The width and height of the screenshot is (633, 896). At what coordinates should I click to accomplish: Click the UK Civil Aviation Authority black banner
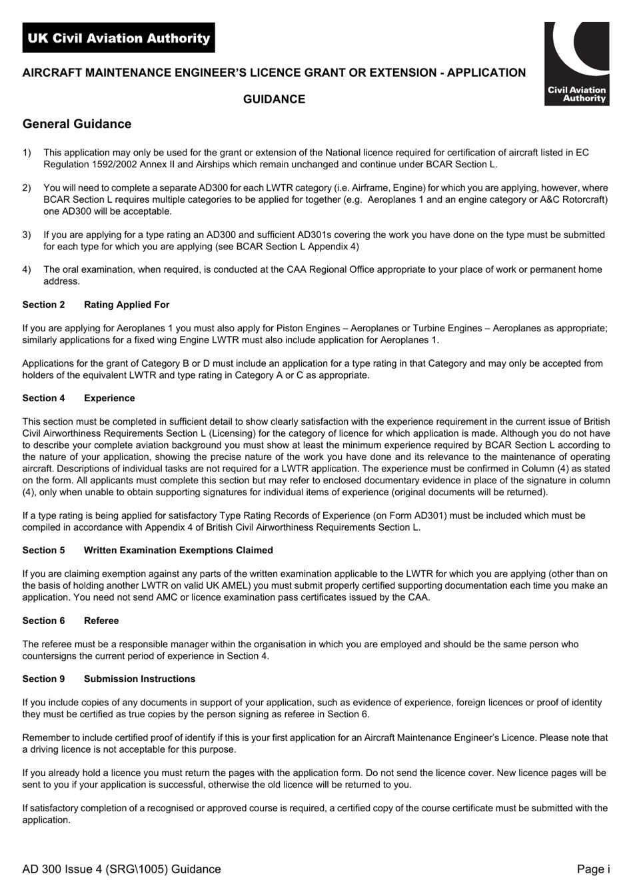(x=119, y=38)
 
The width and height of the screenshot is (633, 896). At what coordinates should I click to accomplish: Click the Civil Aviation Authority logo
(x=576, y=63)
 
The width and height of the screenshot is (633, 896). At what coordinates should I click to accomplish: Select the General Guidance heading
(x=77, y=124)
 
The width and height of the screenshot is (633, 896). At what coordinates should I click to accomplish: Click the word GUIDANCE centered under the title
(x=274, y=99)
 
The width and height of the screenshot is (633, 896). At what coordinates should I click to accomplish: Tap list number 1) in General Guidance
(x=27, y=153)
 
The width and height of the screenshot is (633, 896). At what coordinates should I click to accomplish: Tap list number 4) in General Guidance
(x=27, y=269)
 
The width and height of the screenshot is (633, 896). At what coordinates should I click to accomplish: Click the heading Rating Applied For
(x=127, y=305)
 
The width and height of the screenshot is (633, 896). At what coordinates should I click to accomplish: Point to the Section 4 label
(x=44, y=398)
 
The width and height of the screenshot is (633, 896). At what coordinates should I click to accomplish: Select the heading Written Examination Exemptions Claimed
(x=178, y=550)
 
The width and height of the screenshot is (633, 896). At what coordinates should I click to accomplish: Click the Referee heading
(x=101, y=621)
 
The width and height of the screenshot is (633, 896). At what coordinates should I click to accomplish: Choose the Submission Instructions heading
(x=139, y=679)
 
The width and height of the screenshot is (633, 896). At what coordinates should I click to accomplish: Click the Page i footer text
(x=593, y=869)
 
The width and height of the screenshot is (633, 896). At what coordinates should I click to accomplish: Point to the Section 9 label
(x=44, y=679)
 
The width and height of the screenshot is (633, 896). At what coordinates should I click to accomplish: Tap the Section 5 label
(x=44, y=550)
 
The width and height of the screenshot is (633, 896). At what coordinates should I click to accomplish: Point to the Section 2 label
(x=44, y=305)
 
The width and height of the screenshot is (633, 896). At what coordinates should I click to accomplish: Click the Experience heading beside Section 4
(x=109, y=398)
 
